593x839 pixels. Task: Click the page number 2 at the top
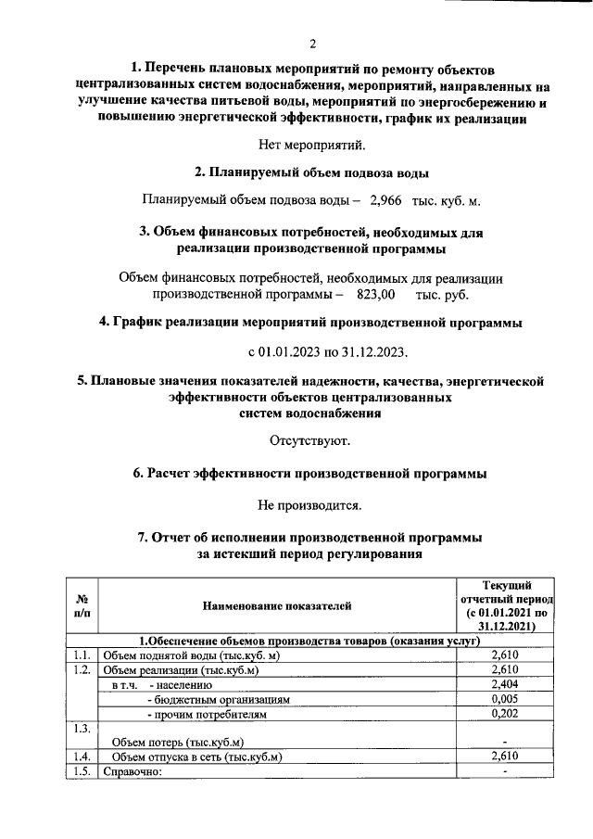(x=312, y=44)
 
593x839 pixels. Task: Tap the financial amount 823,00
(x=375, y=295)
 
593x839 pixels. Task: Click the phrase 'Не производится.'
(x=310, y=505)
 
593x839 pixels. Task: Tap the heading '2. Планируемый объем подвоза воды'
(x=310, y=172)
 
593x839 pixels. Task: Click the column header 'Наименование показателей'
(x=277, y=606)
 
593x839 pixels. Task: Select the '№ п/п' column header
(x=82, y=606)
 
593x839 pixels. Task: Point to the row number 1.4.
(x=82, y=756)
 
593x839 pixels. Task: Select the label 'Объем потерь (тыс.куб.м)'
(x=177, y=742)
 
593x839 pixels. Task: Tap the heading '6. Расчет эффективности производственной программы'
(x=310, y=474)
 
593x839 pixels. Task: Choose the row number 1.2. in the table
(x=82, y=670)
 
